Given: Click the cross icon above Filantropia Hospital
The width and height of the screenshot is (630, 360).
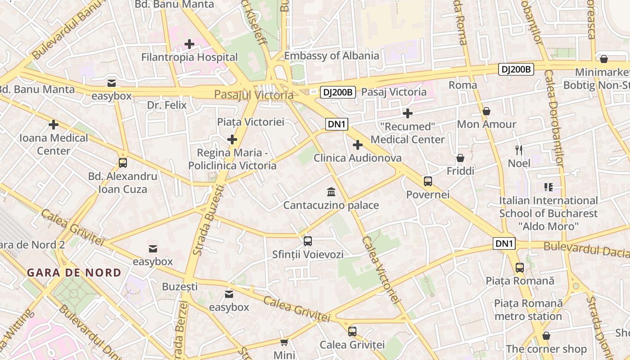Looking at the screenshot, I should pos(189,44).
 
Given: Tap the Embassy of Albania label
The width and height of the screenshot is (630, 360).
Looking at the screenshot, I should pos(332,56).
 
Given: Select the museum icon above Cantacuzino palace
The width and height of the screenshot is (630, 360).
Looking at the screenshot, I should pos(331,192).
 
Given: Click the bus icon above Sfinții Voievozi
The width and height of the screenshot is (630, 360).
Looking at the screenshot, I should pos(308,241).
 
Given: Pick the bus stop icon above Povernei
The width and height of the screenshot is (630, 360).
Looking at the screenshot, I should pos(428,181).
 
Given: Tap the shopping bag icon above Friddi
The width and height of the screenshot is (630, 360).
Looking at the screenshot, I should pos(460,158).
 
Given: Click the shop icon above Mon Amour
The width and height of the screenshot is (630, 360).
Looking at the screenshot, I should pos(486,111).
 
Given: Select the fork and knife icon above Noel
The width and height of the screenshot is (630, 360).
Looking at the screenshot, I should pos(519,150).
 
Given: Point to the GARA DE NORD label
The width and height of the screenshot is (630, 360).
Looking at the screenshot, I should pos(74,273).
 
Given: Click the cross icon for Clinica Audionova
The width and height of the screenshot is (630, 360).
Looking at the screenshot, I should pos(358,145).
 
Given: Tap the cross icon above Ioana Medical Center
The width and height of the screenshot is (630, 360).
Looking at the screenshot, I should pos(54,125).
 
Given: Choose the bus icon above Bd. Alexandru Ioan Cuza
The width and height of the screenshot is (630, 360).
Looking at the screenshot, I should pos(123,163).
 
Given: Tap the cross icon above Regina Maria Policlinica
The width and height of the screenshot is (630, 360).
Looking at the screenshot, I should pos(232,140).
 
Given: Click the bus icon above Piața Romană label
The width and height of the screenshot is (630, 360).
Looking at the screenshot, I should pos(520,268).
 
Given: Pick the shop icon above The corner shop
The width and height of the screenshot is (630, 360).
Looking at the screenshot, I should pos(546,336).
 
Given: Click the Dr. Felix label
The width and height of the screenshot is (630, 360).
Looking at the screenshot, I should pos(167,105).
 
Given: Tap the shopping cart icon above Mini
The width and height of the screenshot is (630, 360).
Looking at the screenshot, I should pos(284,342).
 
